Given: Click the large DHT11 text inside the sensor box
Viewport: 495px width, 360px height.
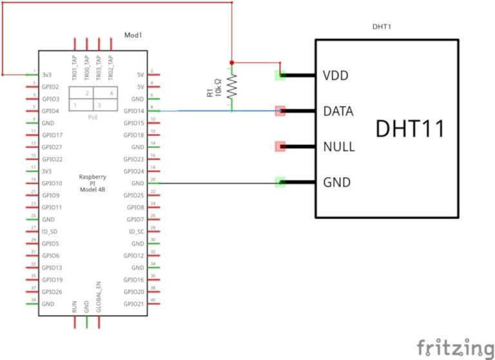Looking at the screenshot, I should (410, 128).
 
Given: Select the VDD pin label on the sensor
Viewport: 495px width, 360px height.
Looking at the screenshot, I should (335, 75).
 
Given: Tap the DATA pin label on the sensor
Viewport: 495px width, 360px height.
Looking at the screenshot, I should (338, 111).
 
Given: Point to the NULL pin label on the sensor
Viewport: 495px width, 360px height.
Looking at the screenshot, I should (338, 147).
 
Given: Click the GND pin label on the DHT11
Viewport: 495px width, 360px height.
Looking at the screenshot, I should (336, 182).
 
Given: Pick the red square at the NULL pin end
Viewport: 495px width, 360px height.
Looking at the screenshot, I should (280, 146).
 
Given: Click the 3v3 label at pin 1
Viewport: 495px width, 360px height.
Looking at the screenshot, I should (47, 75).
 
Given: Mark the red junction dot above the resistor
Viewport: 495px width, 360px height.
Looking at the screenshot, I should (231, 62).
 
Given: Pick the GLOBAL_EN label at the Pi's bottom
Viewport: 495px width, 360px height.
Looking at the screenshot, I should (99, 298).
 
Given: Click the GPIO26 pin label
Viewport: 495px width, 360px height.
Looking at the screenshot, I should (52, 292).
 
